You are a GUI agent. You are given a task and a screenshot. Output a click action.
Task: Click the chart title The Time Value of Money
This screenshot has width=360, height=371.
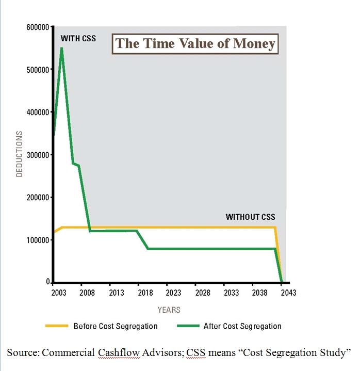[x=195, y=43]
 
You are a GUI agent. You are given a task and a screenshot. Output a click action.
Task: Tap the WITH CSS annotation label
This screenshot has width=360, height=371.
[x=78, y=39]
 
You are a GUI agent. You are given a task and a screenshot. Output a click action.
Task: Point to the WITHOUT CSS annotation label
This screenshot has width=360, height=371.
[x=251, y=217]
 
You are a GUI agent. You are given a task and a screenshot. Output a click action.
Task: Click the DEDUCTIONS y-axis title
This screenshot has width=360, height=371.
[x=20, y=154]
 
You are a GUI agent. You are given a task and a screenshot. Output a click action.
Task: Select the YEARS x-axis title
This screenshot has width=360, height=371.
[x=169, y=310]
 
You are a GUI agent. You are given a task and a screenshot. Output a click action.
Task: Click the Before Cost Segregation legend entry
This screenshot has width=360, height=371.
[x=115, y=326]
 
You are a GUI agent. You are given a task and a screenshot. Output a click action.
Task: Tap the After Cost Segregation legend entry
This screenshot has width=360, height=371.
[x=242, y=326]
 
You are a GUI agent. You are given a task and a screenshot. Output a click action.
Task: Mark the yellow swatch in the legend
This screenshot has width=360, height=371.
[x=56, y=326]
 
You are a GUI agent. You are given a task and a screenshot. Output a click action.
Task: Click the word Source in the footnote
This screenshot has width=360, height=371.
[x=22, y=353]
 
